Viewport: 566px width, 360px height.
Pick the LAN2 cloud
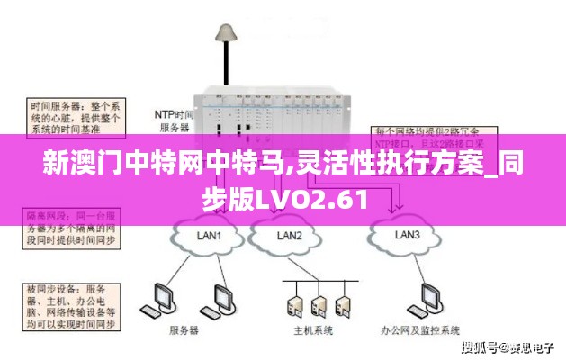290,236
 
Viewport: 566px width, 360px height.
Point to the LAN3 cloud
407,235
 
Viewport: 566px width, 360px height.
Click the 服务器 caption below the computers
184,330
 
